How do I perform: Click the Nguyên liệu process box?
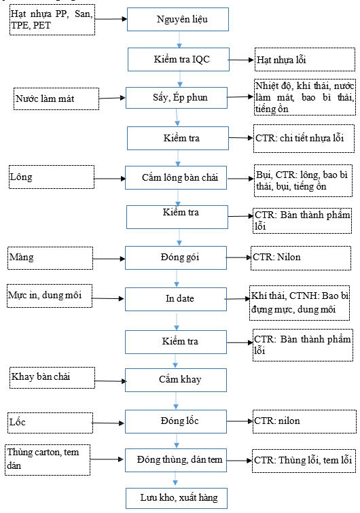pyautogui.click(x=178, y=20)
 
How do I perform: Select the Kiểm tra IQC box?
pyautogui.click(x=179, y=60)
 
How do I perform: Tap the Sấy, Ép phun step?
pyautogui.click(x=177, y=98)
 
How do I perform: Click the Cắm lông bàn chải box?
pyautogui.click(x=176, y=177)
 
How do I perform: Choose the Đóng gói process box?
pyautogui.click(x=176, y=258)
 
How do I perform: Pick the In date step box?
pyautogui.click(x=176, y=299)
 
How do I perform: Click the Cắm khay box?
pyautogui.click(x=176, y=381)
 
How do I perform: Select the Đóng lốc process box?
pyautogui.click(x=176, y=422)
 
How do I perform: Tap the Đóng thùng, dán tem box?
pyautogui.click(x=176, y=460)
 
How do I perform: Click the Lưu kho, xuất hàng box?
pyautogui.click(x=177, y=498)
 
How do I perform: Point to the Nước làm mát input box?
pyautogui.click(x=56, y=99)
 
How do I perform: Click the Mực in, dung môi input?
pyautogui.click(x=50, y=296)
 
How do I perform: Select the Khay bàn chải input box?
pyautogui.click(x=52, y=378)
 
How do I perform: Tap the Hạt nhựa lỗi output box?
pyautogui.click(x=305, y=59)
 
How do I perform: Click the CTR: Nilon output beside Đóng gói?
pyautogui.click(x=301, y=258)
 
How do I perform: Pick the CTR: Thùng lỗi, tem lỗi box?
pyautogui.click(x=304, y=461)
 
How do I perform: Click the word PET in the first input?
pyautogui.click(x=42, y=26)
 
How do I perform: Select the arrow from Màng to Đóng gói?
pyautogui.click(x=109, y=259)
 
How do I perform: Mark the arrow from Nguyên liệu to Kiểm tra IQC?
pyautogui.click(x=179, y=39)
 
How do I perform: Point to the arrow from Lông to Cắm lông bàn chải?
pyautogui.click(x=109, y=179)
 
